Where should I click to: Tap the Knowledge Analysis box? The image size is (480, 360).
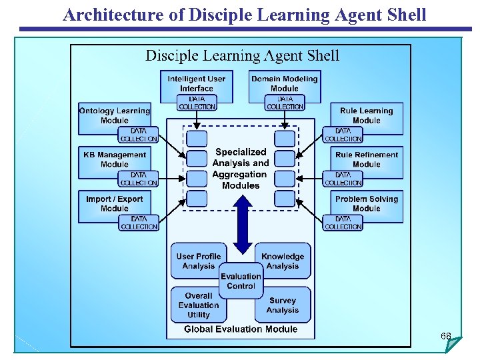pos(283,261)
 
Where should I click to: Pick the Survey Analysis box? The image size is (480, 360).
pos(283,305)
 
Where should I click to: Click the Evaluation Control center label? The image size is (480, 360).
pos(241,281)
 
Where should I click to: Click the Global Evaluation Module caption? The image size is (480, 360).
pos(241,329)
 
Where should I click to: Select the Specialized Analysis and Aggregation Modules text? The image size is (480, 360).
pos(241,169)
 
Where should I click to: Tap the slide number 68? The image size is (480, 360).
pos(446,336)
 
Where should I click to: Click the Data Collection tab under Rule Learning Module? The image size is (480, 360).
pos(343,135)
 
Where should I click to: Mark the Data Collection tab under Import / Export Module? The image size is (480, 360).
pos(139,223)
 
